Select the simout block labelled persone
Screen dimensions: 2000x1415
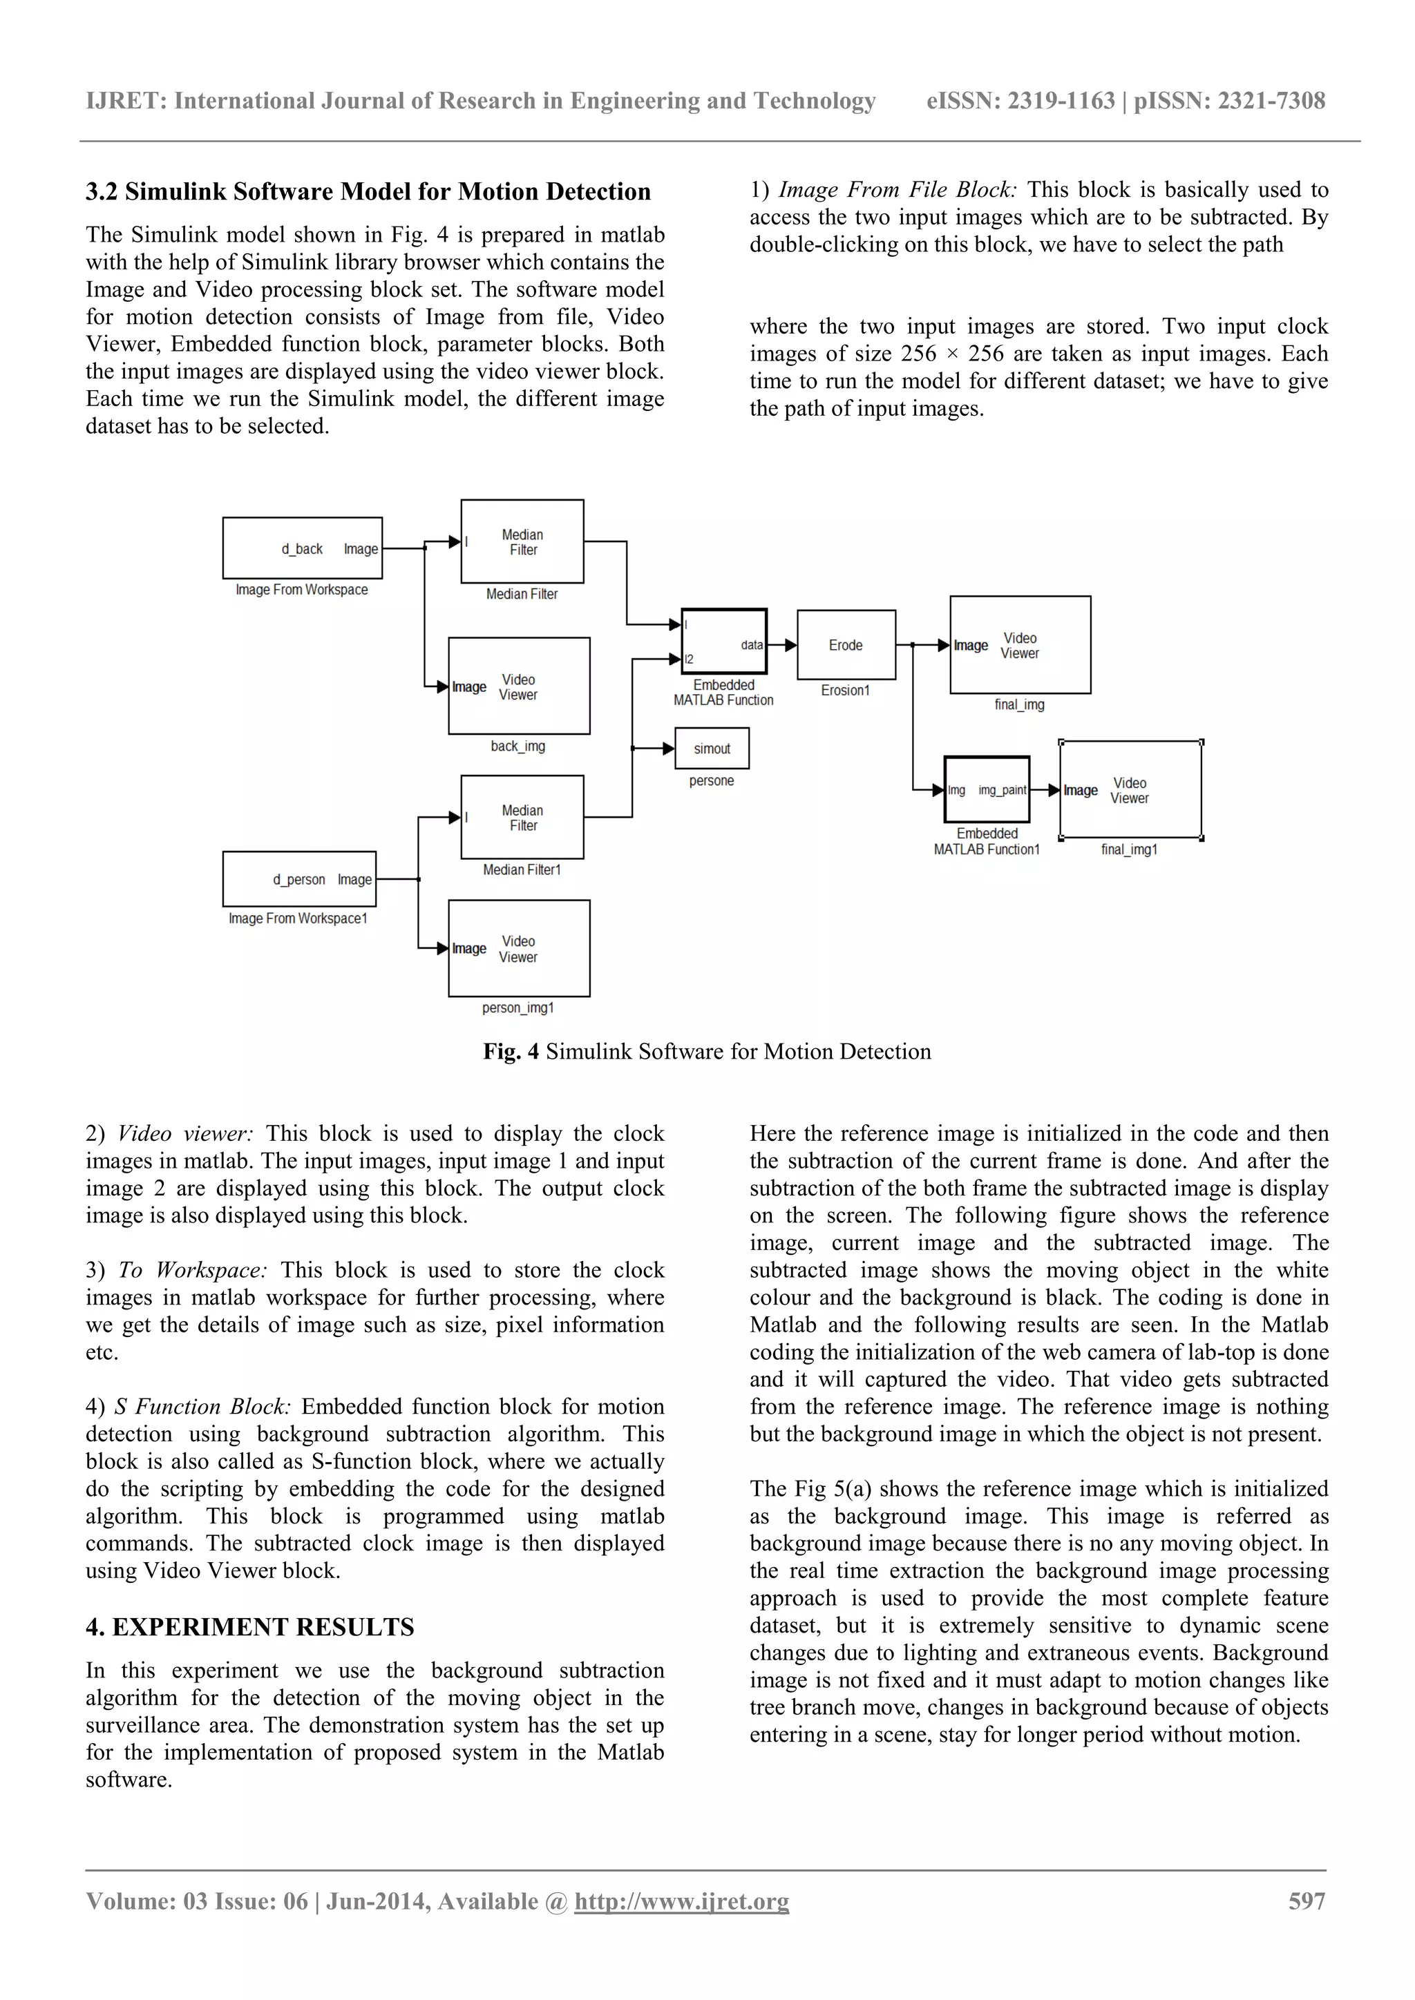click(x=712, y=748)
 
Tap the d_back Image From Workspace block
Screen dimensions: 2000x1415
click(x=303, y=548)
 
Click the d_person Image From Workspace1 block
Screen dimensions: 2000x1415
click(x=300, y=879)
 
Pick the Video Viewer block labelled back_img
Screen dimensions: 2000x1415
click(x=520, y=686)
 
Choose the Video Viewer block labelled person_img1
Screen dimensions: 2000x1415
click(x=520, y=949)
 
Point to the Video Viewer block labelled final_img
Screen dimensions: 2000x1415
click(x=1020, y=646)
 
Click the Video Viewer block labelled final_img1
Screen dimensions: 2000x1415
click(x=1130, y=790)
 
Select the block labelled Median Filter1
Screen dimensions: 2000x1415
click(x=522, y=817)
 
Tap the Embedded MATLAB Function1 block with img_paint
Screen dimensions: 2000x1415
click(x=987, y=790)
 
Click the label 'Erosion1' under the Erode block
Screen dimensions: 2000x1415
click(x=845, y=691)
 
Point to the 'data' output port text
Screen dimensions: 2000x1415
click(x=752, y=646)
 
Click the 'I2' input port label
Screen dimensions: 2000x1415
click(x=690, y=660)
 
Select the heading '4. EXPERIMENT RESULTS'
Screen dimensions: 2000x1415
click(x=250, y=1627)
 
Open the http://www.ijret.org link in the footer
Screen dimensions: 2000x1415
click(x=681, y=1901)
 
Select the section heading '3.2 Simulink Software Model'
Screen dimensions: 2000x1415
click(x=368, y=191)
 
